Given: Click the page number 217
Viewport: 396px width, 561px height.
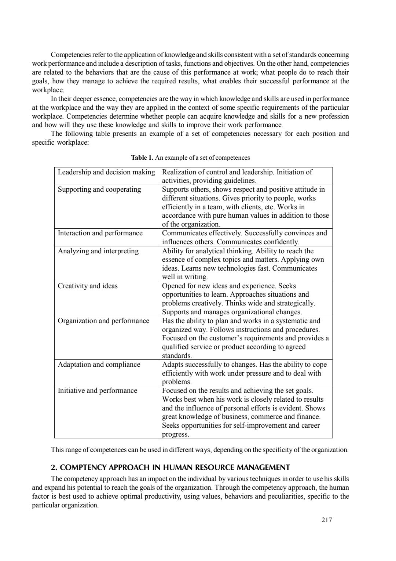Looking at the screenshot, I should coord(326,520).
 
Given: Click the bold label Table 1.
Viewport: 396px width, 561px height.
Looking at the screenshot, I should coord(142,158).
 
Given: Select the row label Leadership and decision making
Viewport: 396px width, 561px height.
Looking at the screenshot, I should coord(106,172).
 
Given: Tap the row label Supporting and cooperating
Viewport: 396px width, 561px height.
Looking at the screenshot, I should coord(99,189).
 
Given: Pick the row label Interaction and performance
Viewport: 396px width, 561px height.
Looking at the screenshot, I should coord(100,233).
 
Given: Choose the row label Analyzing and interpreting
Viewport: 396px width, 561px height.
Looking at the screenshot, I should coord(98,251).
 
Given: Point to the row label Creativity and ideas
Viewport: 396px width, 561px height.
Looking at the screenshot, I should coord(88,286).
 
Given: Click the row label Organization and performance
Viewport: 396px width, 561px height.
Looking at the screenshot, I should coord(104,321).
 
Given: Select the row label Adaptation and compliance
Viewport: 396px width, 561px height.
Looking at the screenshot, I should coord(99,365).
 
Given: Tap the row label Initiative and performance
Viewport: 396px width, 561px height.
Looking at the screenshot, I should coord(98,391).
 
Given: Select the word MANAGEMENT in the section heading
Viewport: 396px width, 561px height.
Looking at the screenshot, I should coord(264,467).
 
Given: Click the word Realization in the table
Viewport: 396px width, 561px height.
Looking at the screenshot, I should coord(179,172).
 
